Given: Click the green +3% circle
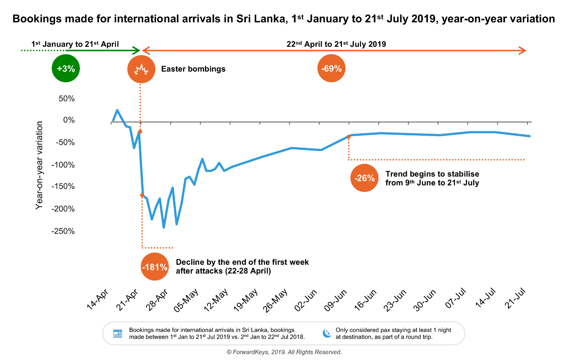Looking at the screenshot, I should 66,68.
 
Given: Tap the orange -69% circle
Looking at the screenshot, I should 331,68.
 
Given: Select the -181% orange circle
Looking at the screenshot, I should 154,267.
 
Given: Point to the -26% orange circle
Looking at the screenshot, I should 364,178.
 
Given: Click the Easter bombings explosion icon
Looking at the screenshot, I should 141,69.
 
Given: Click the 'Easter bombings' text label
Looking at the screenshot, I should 193,69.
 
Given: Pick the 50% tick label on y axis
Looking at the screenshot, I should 66,98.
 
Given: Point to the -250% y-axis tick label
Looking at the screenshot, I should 63,231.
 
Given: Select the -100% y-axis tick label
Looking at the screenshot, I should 63,165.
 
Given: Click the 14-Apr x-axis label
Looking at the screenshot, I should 98,300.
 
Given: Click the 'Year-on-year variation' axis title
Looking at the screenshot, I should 39,165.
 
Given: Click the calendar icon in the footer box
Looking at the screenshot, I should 118,333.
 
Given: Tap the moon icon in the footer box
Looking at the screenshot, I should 327,333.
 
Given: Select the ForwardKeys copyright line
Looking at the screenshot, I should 284,352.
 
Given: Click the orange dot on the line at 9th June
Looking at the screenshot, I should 349,137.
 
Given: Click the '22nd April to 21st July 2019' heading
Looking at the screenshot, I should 336,44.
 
